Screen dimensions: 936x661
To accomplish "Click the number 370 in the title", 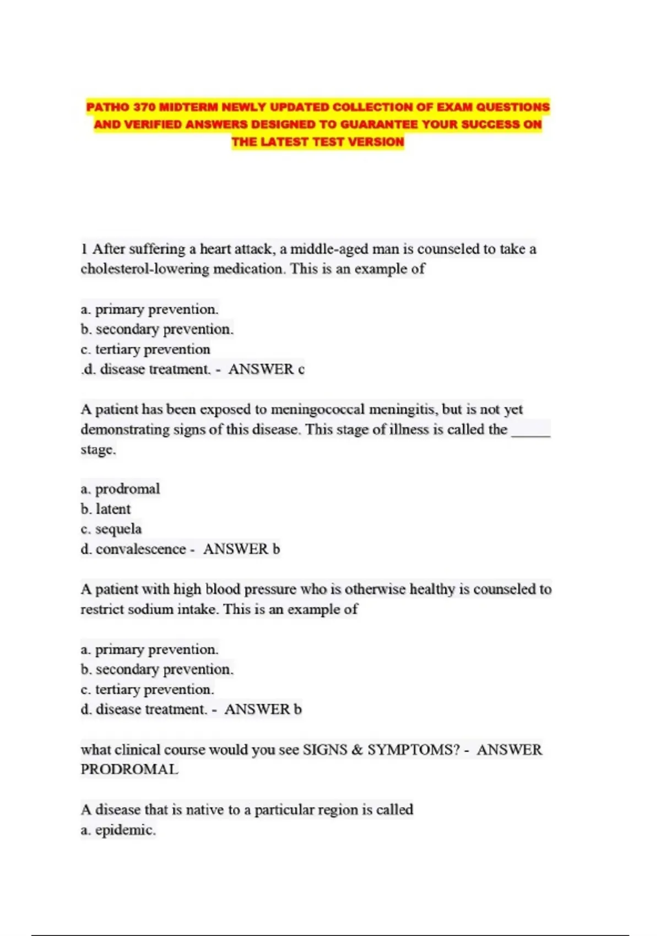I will [x=144, y=107].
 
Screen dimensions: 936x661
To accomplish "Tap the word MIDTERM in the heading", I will [x=186, y=107].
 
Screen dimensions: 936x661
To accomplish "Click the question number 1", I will [x=84, y=249].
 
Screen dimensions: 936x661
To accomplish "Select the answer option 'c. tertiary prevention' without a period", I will [x=145, y=349].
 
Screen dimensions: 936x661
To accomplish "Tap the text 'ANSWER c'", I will [x=266, y=369].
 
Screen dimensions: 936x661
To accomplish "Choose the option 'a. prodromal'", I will [x=120, y=489].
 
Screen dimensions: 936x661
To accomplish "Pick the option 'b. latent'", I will [x=106, y=509].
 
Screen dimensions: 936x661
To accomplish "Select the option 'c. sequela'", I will [x=111, y=529].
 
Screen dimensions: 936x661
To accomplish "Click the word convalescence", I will [x=140, y=549].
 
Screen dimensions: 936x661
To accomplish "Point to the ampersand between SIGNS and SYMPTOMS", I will [x=357, y=750].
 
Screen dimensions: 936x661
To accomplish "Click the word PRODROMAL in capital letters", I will [x=129, y=770].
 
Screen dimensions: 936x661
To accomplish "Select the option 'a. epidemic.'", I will [x=118, y=830].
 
